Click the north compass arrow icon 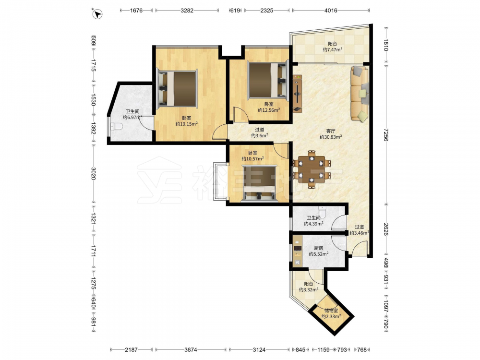point(97,14)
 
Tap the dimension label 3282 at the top point(187,11)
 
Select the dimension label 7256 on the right point(385,135)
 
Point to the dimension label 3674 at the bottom point(191,349)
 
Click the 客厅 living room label point(331,131)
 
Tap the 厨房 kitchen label point(318,248)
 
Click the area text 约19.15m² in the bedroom point(186,124)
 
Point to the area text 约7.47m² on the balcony point(333,49)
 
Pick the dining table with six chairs point(312,169)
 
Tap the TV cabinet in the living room point(297,94)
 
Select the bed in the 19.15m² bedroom point(177,89)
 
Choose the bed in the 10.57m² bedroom point(260,184)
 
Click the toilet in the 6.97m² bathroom point(116,126)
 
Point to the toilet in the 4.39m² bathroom point(323,212)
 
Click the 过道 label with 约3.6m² point(260,132)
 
